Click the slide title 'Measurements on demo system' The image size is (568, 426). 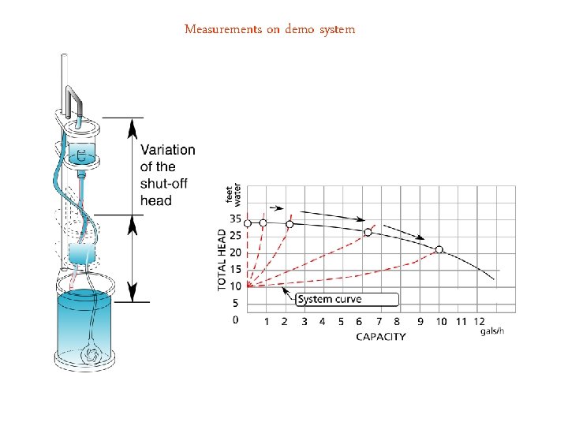(x=270, y=30)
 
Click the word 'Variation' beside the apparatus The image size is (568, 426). (x=167, y=150)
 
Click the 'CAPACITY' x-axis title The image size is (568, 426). (x=381, y=337)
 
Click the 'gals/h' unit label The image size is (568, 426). (x=491, y=331)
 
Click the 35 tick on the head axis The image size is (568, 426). (x=236, y=219)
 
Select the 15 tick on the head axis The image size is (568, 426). (x=236, y=269)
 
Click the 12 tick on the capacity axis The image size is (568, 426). (x=480, y=321)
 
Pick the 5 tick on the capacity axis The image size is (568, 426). (x=341, y=321)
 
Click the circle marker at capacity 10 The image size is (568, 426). (x=439, y=249)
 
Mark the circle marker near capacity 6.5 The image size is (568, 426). (x=368, y=232)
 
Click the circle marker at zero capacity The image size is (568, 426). (x=248, y=223)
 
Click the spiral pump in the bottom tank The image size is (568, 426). (x=92, y=356)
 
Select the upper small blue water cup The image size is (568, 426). (x=81, y=151)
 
